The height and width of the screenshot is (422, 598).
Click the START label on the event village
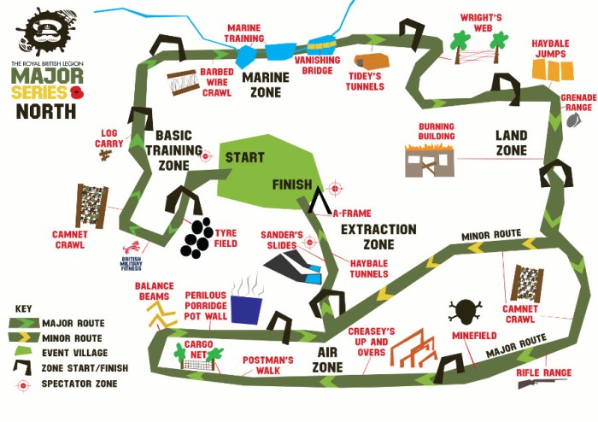[x=244, y=158]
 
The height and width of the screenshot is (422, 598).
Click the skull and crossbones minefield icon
[x=466, y=311]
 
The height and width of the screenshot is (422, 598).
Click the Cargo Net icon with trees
[x=196, y=357]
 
